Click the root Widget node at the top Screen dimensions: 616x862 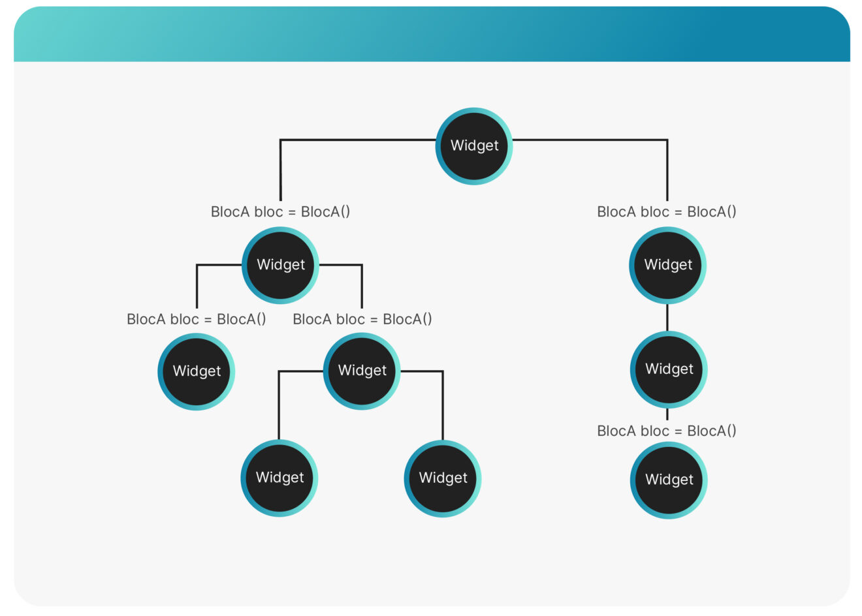(474, 146)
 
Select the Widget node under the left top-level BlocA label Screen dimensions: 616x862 (280, 265)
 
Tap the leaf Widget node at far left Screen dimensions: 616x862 (196, 371)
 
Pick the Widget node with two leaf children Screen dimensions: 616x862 (362, 371)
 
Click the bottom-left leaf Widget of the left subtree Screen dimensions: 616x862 (279, 478)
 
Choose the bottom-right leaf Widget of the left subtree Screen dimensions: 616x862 (443, 478)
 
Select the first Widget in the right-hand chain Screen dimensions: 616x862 (667, 265)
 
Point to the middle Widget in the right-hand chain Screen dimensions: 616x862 (669, 369)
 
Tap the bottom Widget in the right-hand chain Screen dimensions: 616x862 (669, 480)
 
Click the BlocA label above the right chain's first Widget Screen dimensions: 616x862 (667, 211)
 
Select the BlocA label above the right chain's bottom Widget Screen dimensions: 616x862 (667, 431)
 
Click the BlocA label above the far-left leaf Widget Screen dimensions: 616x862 (197, 319)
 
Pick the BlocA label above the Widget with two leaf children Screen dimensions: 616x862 (362, 319)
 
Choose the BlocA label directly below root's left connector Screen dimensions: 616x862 (280, 211)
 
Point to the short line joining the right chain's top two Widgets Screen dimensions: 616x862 (667, 318)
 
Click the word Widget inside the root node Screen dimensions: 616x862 (474, 146)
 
